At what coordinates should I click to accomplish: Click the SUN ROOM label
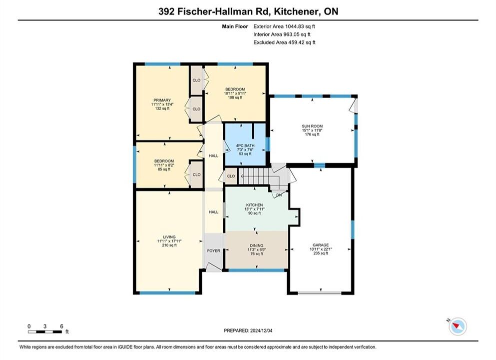click(x=312, y=126)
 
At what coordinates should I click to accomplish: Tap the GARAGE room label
click(x=321, y=244)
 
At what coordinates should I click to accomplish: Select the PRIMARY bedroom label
click(x=162, y=100)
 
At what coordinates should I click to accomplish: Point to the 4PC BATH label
click(x=245, y=145)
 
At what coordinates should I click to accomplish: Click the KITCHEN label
click(x=254, y=205)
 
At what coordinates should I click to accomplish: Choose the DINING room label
click(x=256, y=245)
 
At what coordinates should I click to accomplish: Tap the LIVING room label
click(x=169, y=237)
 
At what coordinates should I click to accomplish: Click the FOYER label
click(x=213, y=250)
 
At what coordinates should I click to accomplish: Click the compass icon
click(x=458, y=326)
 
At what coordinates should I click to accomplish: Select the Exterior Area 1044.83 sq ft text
click(x=284, y=26)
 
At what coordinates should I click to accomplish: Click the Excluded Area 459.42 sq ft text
click(x=284, y=42)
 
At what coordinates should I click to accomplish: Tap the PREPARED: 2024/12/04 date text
click(x=248, y=330)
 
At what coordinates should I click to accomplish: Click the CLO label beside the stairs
click(x=231, y=176)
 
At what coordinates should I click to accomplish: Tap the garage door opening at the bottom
click(x=320, y=293)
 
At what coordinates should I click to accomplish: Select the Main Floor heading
click(x=235, y=26)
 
